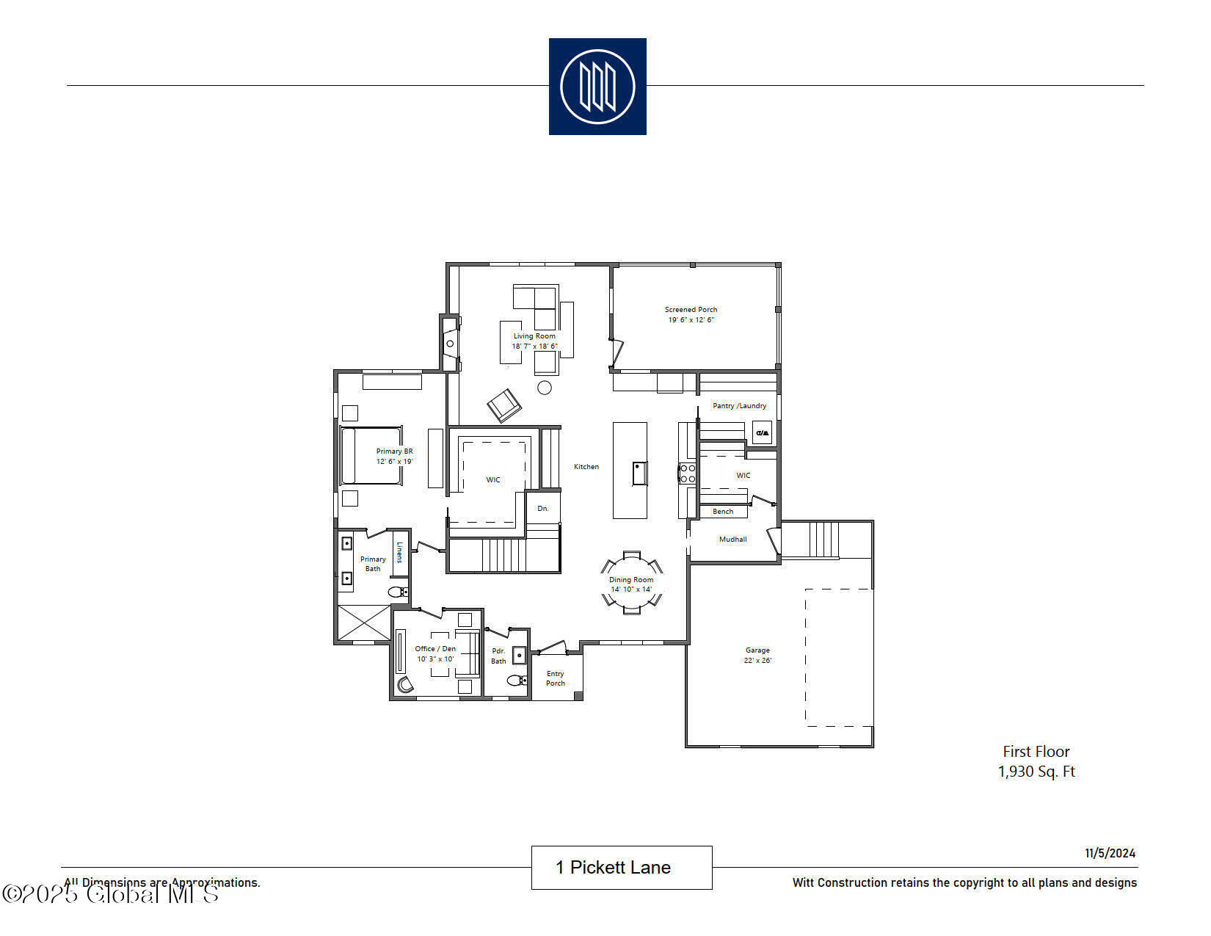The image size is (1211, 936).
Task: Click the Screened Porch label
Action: tap(691, 310)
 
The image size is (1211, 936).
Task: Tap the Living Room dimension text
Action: tap(534, 347)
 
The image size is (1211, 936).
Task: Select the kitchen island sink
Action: tap(640, 473)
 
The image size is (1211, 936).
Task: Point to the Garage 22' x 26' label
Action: tap(757, 655)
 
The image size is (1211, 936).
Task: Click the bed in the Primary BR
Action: tap(371, 456)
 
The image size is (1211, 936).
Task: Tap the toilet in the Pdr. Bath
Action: tap(517, 680)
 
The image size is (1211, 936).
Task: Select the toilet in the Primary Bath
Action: tap(396, 592)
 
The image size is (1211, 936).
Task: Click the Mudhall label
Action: tap(732, 540)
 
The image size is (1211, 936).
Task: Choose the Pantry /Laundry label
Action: tap(739, 406)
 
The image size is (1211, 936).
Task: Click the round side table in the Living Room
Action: tap(545, 388)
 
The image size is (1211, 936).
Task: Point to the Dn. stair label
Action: tap(543, 509)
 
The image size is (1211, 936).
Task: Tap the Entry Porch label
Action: tap(556, 678)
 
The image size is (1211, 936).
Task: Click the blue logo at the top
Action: tap(597, 87)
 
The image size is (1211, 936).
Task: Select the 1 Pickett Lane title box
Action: tap(621, 868)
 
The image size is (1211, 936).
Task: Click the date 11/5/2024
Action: tap(1110, 853)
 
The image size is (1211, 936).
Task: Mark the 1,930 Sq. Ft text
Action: tap(1036, 772)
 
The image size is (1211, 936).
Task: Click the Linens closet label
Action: tap(400, 552)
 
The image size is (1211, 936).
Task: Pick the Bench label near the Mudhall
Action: tap(723, 512)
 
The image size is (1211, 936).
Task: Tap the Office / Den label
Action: tap(435, 649)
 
